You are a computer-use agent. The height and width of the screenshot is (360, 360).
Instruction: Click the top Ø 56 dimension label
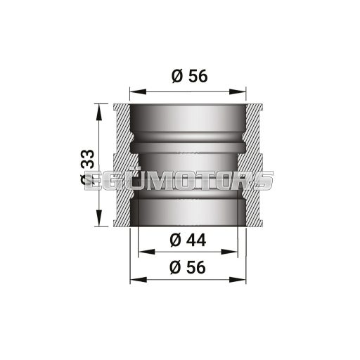188,77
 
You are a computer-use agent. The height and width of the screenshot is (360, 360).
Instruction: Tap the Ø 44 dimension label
188,239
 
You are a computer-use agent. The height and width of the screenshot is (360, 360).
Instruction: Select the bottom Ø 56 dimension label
188,266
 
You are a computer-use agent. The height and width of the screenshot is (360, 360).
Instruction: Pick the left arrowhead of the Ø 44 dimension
143,251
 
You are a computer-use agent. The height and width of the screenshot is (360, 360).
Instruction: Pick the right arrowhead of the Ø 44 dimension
233,251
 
